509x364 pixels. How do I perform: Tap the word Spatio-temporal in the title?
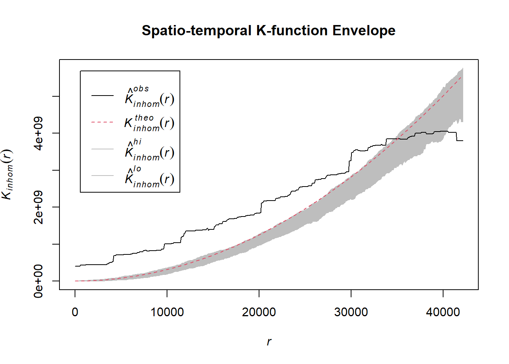tap(197, 31)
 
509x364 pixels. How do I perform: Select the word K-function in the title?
tap(292, 31)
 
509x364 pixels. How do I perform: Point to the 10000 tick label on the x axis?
tap(167, 312)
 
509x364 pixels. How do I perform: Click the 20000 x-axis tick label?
tap(259, 312)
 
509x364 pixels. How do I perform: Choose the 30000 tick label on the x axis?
tap(351, 312)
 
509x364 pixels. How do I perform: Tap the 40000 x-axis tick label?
tap(443, 312)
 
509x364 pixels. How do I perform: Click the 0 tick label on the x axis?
tap(75, 312)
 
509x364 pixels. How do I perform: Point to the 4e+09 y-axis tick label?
tap(38, 133)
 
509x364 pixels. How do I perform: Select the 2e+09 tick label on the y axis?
tap(38, 207)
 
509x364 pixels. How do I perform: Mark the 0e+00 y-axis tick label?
tap(38, 281)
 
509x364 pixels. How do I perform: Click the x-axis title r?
tap(269, 342)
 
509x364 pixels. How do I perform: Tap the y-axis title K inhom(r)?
tap(8, 174)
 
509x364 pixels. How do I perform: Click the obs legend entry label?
tap(149, 97)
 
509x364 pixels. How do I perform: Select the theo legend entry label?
tap(149, 123)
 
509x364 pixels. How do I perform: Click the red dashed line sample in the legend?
tap(102, 122)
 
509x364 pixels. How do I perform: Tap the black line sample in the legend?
tap(102, 96)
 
